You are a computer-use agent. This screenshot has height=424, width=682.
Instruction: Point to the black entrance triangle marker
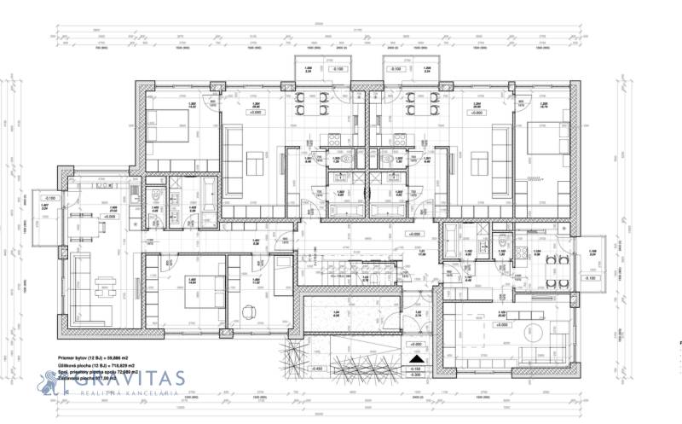416,359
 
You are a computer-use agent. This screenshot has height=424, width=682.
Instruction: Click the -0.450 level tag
317,369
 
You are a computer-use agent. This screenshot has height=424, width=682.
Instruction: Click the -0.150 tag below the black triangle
416,369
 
